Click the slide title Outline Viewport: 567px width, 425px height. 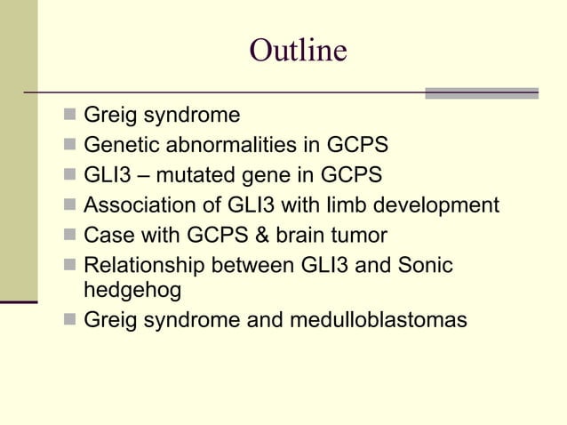click(298, 51)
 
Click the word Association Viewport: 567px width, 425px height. click(137, 205)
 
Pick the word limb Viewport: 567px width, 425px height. click(353, 205)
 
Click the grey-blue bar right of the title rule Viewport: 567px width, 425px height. click(481, 92)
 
